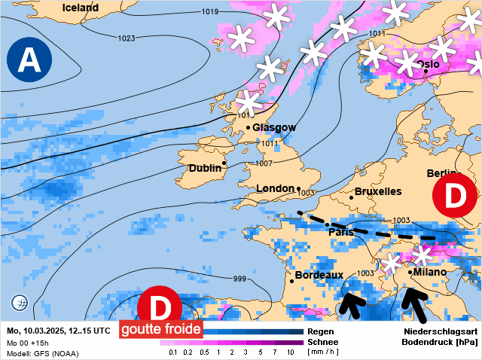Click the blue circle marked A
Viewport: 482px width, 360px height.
point(29,59)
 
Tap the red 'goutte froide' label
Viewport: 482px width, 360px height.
point(160,329)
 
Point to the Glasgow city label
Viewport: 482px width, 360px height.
point(274,127)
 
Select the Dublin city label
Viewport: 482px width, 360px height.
point(205,168)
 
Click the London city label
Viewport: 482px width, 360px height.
point(275,188)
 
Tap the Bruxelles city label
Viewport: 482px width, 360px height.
point(378,191)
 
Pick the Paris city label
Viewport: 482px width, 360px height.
point(341,232)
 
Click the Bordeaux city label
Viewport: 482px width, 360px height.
point(319,276)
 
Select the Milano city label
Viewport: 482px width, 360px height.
point(430,272)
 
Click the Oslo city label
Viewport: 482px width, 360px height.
point(428,64)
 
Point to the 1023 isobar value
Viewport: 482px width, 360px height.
point(127,38)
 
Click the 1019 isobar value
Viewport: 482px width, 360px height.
point(210,12)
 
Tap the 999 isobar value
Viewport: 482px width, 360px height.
point(239,279)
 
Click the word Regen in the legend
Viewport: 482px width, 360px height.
point(321,331)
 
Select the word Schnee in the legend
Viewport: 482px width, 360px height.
point(322,342)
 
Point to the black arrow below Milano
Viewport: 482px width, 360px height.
point(415,304)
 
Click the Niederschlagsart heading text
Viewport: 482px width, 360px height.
point(441,331)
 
